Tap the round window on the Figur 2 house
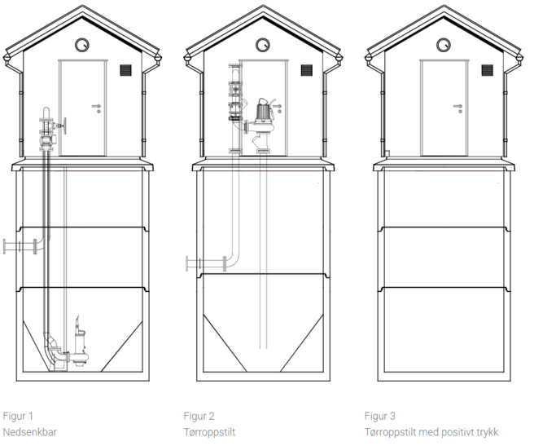pyautogui.click(x=261, y=44)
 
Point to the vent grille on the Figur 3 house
pyautogui.click(x=486, y=71)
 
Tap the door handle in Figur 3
pyautogui.click(x=457, y=105)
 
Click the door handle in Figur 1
pyautogui.click(x=98, y=105)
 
